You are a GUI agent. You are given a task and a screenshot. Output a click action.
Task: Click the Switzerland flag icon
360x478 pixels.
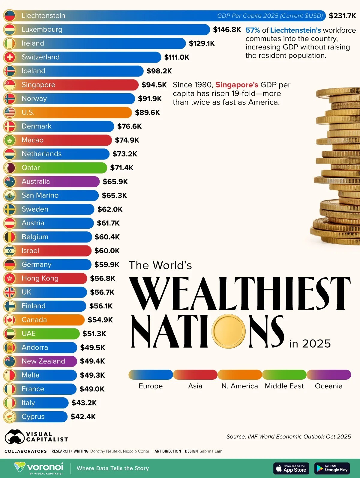10,57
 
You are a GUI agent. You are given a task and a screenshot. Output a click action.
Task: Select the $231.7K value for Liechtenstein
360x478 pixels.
342,16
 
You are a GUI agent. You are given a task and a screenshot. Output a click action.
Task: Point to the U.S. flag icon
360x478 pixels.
10,112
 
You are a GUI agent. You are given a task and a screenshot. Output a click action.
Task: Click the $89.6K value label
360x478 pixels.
147,112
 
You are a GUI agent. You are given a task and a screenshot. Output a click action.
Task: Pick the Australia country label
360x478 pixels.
36,182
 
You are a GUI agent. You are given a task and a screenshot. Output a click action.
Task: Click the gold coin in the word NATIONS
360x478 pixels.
229,331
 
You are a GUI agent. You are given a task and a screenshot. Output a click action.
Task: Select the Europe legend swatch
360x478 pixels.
151,375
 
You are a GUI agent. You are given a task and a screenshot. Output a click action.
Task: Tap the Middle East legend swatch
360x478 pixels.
284,375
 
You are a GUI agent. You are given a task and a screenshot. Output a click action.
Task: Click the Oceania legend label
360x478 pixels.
328,386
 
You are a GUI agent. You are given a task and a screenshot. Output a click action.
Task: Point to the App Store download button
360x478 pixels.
291,468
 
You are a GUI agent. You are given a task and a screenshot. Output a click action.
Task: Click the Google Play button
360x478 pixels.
332,468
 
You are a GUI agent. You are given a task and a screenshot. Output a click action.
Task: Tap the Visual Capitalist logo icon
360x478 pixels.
14,437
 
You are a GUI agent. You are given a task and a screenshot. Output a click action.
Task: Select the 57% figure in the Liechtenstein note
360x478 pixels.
253,30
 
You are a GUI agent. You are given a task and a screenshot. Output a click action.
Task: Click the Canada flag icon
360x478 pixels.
10,320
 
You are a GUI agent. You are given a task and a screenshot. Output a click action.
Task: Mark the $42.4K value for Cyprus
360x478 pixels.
83,417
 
